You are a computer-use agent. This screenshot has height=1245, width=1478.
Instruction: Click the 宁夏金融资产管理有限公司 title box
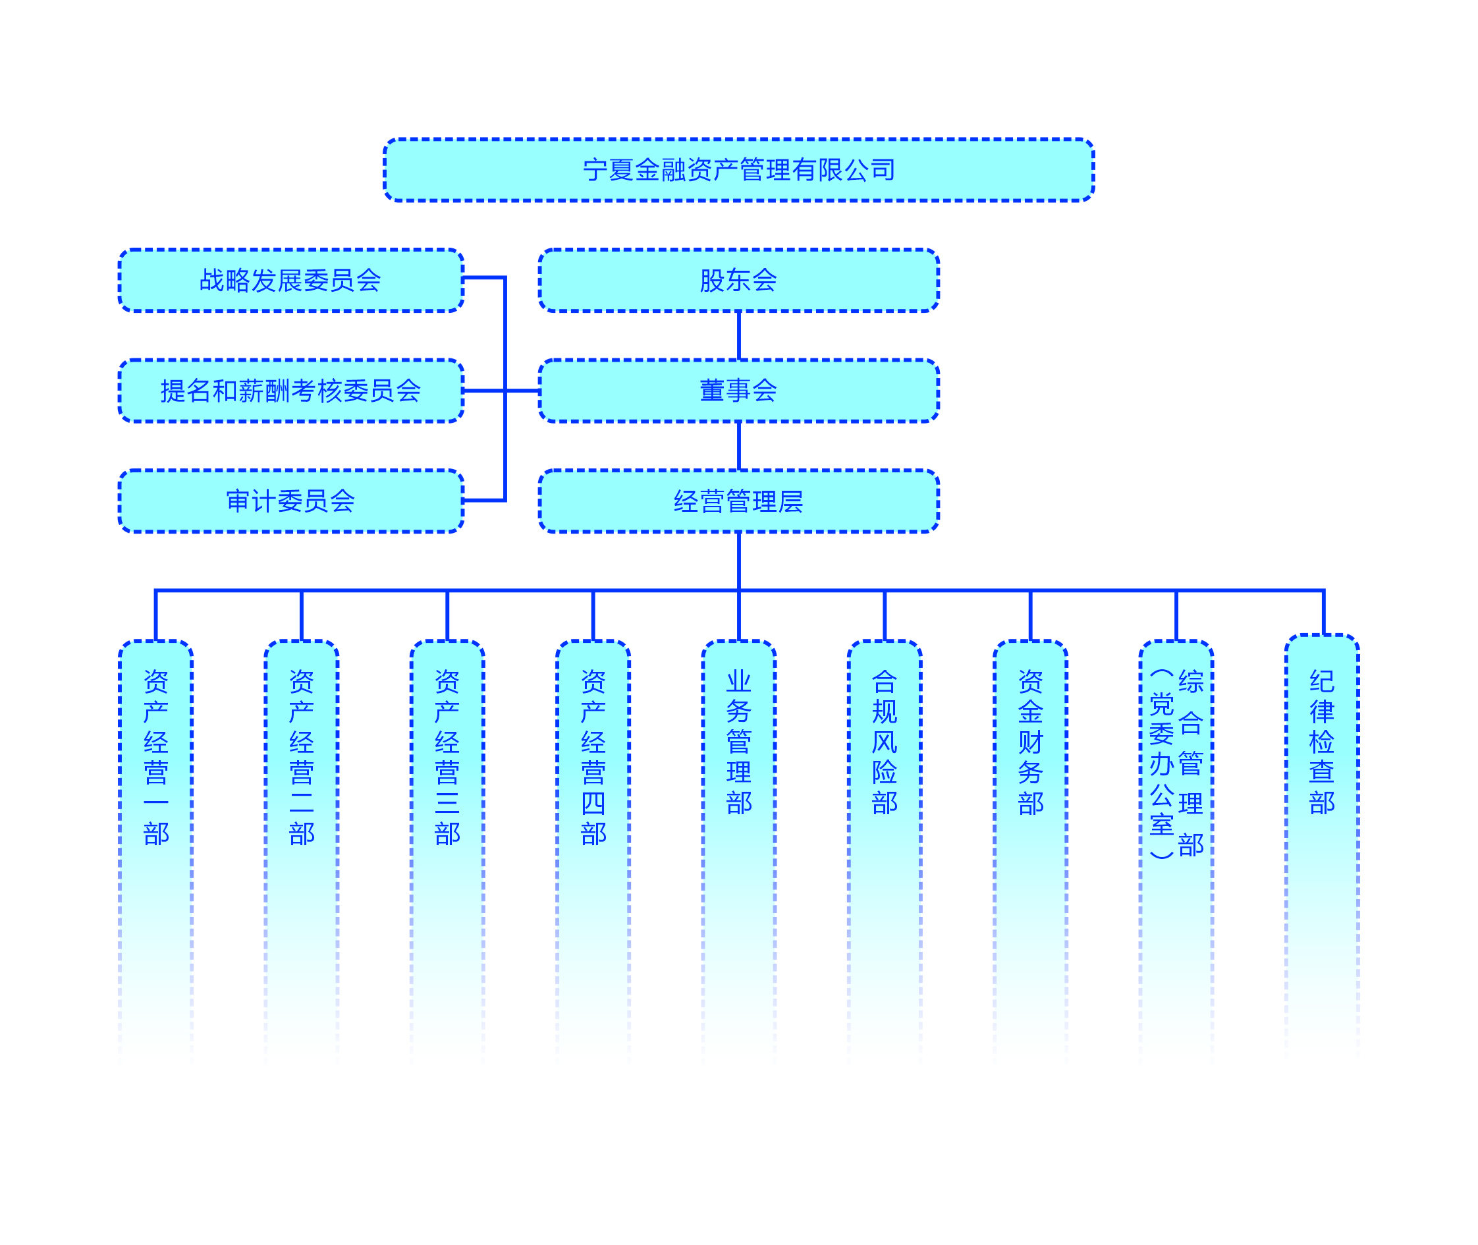pyautogui.click(x=738, y=170)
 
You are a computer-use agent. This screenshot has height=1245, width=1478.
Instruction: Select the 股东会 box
pyautogui.click(x=738, y=280)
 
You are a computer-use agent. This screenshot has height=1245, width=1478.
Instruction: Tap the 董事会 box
pyautogui.click(x=738, y=390)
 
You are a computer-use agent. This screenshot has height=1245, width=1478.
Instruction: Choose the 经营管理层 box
pyautogui.click(x=738, y=501)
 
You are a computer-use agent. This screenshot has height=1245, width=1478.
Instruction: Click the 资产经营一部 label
pyautogui.click(x=156, y=758)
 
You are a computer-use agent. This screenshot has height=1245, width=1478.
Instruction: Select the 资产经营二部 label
pyautogui.click(x=302, y=758)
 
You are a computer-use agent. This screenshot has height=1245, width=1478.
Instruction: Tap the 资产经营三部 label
pyautogui.click(x=447, y=758)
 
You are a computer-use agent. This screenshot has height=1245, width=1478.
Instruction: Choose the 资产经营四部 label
pyautogui.click(x=593, y=758)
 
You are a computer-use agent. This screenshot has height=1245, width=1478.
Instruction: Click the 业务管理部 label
pyautogui.click(x=739, y=742)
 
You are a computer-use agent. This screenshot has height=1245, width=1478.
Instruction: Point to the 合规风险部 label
pyautogui.click(x=885, y=742)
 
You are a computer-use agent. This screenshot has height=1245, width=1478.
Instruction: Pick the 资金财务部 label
pyautogui.click(x=1031, y=742)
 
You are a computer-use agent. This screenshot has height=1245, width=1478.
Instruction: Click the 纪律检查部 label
pyautogui.click(x=1322, y=742)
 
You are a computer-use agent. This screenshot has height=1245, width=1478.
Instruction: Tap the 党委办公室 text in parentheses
pyautogui.click(x=1161, y=763)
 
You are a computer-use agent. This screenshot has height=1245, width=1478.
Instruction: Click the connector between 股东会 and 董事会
pyautogui.click(x=739, y=335)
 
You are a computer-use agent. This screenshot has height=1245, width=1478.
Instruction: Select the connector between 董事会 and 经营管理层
pyautogui.click(x=739, y=445)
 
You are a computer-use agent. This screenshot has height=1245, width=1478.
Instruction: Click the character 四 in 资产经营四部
pyautogui.click(x=593, y=803)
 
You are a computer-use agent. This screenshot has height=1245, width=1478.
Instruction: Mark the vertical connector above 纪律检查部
pyautogui.click(x=1323, y=613)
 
